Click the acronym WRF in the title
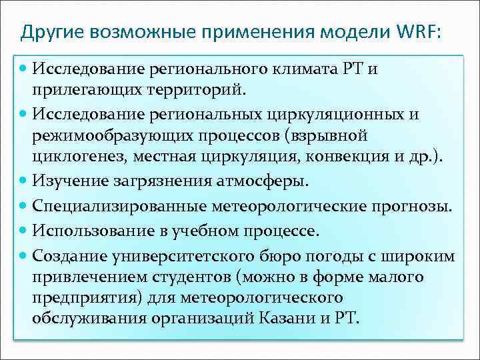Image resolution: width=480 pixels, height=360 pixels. [418, 31]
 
